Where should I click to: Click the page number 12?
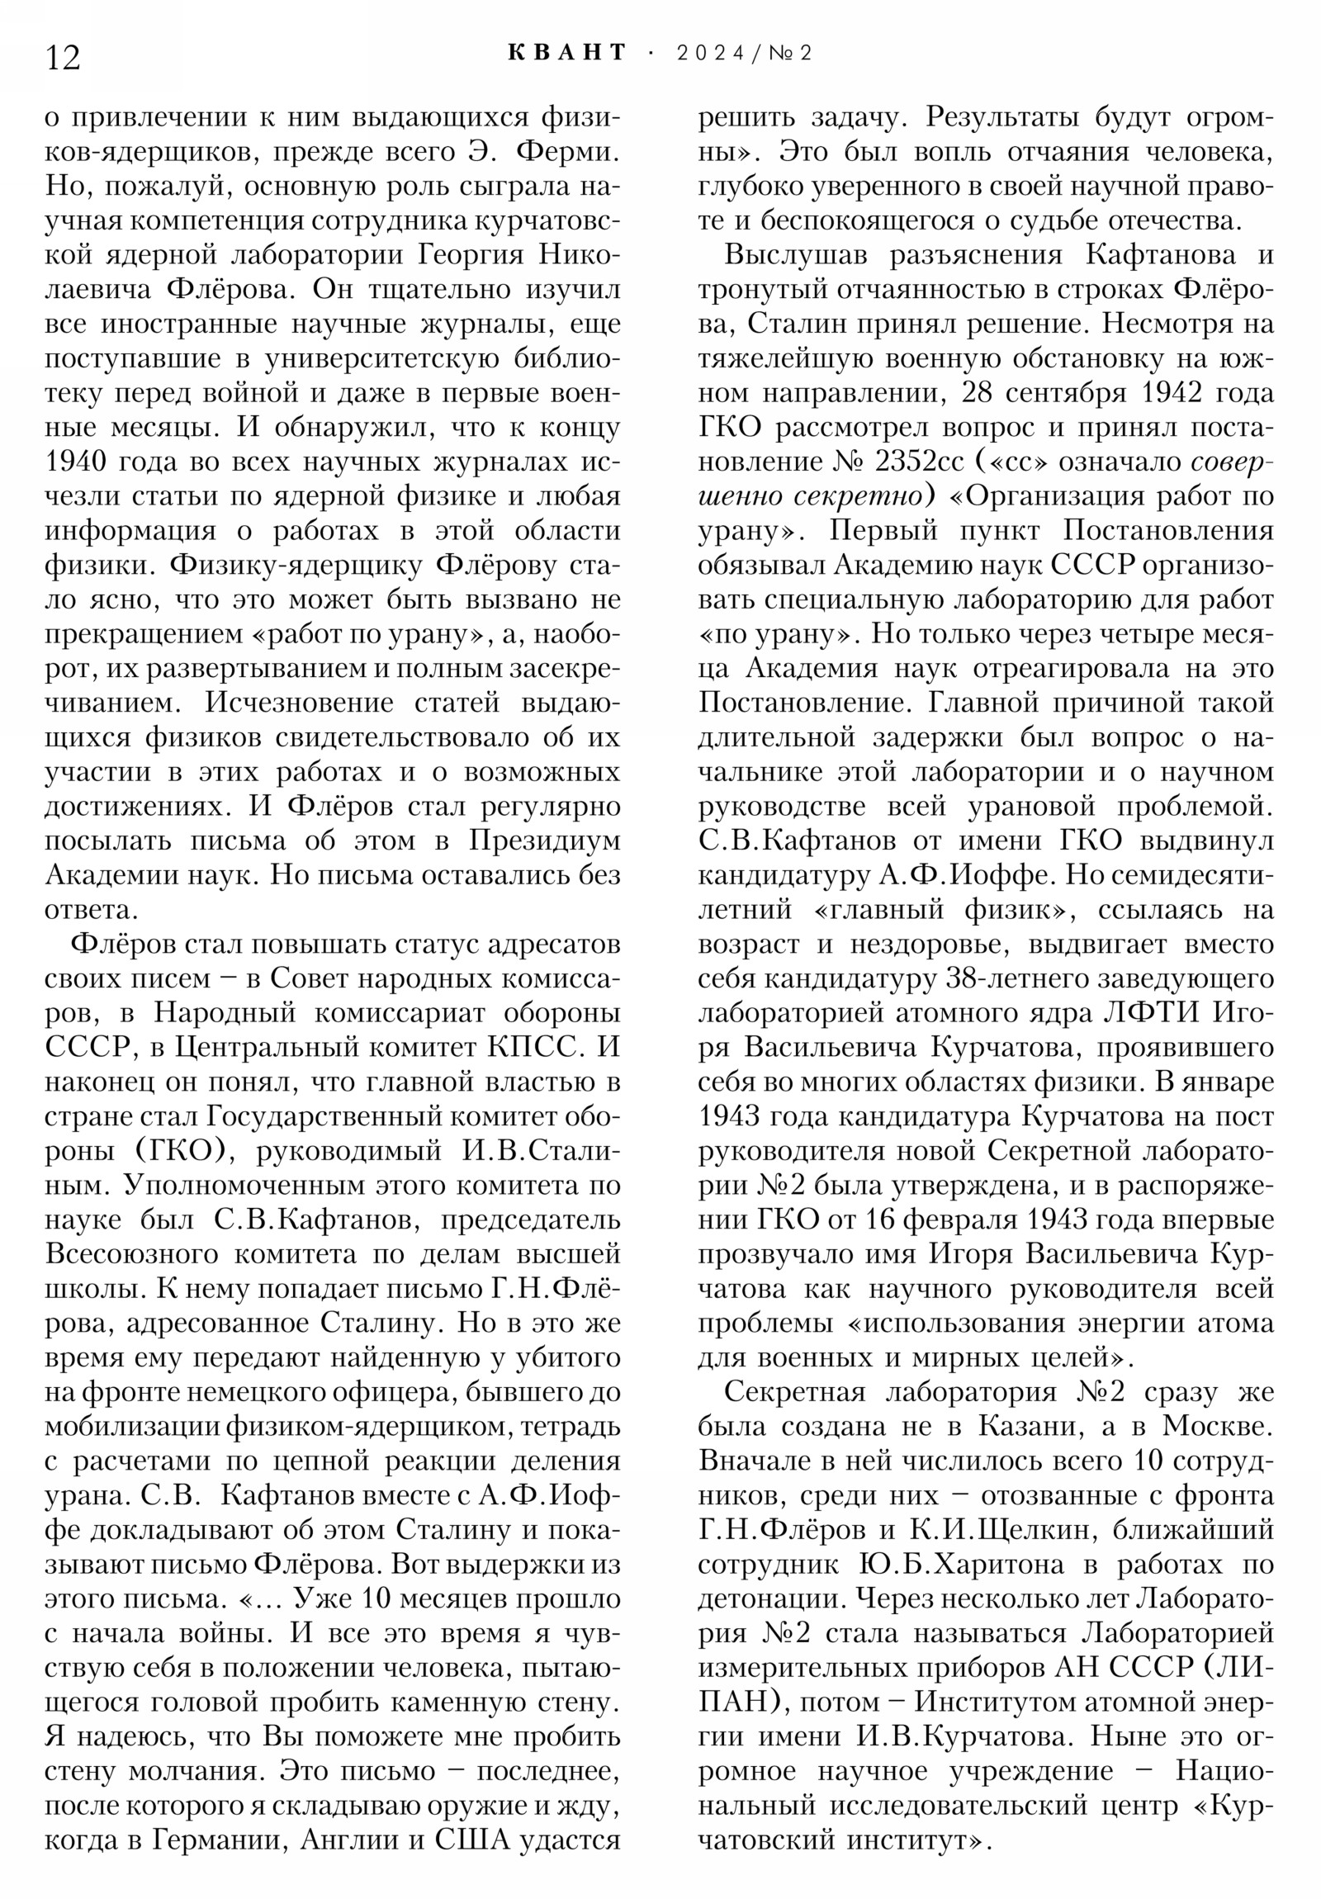point(63,59)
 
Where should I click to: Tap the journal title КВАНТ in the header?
point(567,53)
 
